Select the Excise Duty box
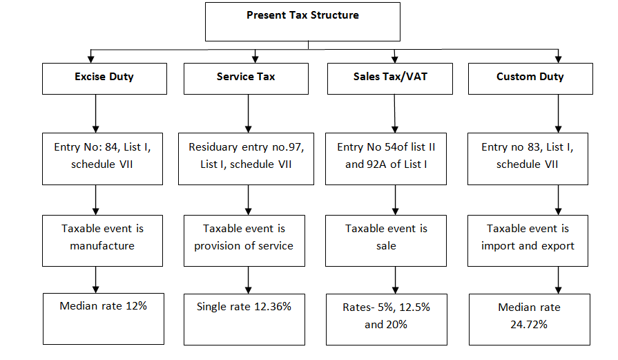tap(104, 77)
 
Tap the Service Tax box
tap(245, 77)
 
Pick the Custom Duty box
tap(530, 77)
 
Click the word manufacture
tap(102, 245)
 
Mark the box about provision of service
tap(244, 239)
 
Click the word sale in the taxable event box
tap(386, 245)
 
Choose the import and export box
tap(528, 239)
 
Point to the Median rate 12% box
tap(104, 318)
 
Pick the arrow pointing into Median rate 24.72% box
tap(558, 280)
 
